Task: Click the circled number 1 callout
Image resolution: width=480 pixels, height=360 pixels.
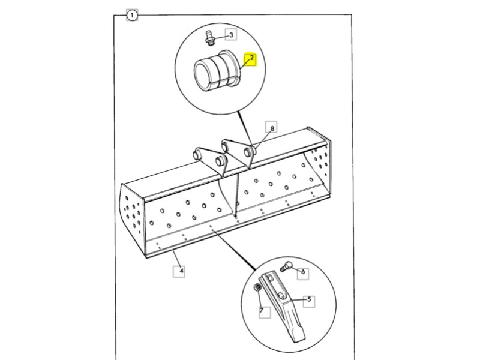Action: pyautogui.click(x=132, y=15)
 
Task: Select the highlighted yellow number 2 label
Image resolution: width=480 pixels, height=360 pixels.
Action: pyautogui.click(x=251, y=58)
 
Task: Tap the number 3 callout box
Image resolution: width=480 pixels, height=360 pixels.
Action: pyautogui.click(x=231, y=35)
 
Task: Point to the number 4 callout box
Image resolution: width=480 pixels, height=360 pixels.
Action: pyautogui.click(x=179, y=272)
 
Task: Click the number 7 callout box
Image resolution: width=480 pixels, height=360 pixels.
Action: pyautogui.click(x=264, y=312)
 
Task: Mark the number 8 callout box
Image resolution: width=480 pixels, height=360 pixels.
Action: pyautogui.click(x=272, y=127)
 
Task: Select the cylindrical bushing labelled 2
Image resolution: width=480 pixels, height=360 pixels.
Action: pyautogui.click(x=217, y=71)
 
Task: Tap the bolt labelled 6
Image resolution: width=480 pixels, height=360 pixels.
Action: pyautogui.click(x=284, y=266)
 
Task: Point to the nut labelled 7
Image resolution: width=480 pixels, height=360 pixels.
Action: pyautogui.click(x=257, y=288)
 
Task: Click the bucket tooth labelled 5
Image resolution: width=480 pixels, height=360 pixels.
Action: pyautogui.click(x=283, y=306)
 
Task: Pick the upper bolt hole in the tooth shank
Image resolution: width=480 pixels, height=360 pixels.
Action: pyautogui.click(x=269, y=278)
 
